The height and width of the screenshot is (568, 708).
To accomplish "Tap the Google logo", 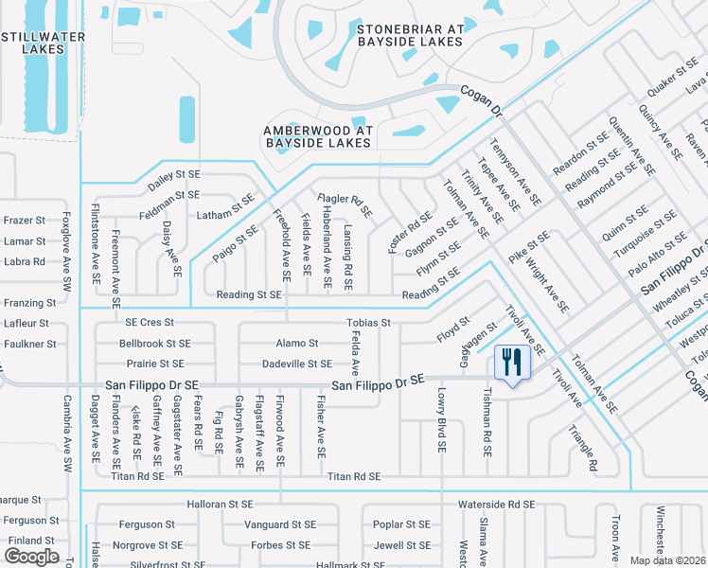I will pyautogui.click(x=32, y=556).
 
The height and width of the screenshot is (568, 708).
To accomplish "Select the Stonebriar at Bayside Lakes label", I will pyautogui.click(x=410, y=35).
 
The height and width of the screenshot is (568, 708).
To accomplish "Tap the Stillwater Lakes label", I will pyautogui.click(x=44, y=43).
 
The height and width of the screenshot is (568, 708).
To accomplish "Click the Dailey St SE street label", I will pyautogui.click(x=174, y=174).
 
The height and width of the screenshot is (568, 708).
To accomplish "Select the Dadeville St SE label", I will pyautogui.click(x=297, y=364).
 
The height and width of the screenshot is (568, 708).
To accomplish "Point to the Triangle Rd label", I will pyautogui.click(x=582, y=448).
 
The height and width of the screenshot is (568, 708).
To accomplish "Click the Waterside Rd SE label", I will pyautogui.click(x=497, y=505).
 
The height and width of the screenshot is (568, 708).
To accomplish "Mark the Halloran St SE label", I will pyautogui.click(x=220, y=505).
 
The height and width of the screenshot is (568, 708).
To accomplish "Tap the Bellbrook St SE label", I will pyautogui.click(x=155, y=344).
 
